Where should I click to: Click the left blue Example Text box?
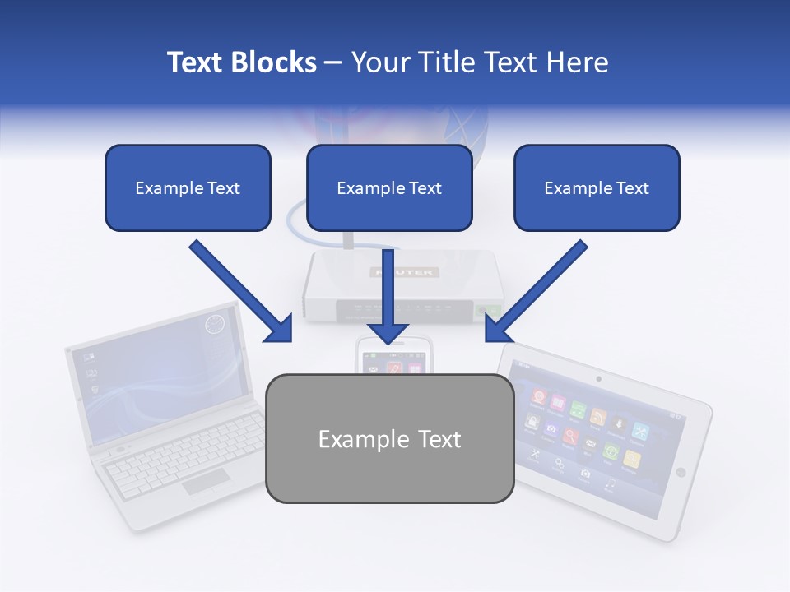(188, 187)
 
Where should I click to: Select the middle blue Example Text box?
(389, 187)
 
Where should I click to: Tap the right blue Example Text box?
(597, 187)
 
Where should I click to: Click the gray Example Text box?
(389, 438)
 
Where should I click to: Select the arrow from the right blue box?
(536, 292)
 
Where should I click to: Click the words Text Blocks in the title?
(241, 62)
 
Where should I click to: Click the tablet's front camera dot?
(598, 379)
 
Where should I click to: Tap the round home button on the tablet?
(681, 472)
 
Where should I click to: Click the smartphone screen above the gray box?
(394, 363)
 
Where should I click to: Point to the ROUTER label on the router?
(406, 272)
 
